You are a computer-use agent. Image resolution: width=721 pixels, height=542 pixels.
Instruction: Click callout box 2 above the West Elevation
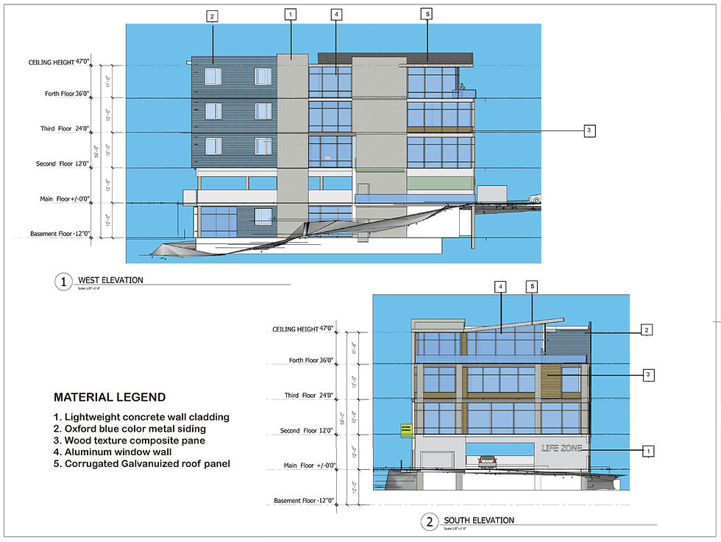212,16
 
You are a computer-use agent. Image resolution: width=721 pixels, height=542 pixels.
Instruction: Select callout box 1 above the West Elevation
291,14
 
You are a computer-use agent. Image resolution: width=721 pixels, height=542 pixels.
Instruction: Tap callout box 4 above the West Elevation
335,14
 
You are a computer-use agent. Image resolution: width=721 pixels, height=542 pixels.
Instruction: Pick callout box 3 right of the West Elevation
589,131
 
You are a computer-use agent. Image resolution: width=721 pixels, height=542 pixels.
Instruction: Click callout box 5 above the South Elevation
533,285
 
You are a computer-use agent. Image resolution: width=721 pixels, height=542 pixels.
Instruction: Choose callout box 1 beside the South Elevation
647,450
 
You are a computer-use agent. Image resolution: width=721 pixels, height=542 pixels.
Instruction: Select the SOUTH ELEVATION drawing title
478,521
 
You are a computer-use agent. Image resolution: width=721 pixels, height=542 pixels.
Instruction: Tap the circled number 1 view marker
63,282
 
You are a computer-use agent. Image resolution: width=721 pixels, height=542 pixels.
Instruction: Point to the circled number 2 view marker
429,523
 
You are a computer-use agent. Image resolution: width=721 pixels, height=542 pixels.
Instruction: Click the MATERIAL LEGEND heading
110,398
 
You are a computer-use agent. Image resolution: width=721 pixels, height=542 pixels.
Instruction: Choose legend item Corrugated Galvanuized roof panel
143,464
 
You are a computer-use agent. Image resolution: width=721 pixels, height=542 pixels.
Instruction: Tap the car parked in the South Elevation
487,461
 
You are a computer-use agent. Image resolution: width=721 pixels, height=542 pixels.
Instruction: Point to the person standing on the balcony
462,88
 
